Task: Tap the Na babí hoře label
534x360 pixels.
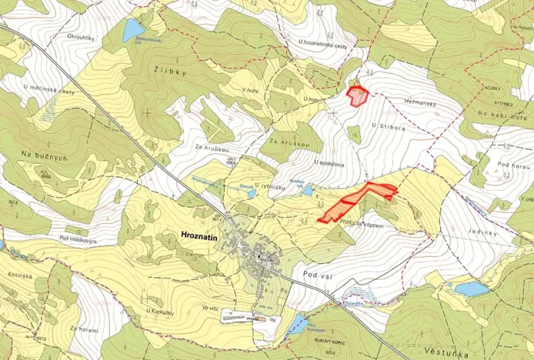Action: click(x=502, y=115)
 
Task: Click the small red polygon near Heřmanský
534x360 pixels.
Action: click(x=357, y=96)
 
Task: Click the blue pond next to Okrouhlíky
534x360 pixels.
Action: click(x=132, y=31)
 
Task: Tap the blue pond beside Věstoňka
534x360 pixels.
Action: click(x=470, y=288)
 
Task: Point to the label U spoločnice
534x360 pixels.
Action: click(x=329, y=164)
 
